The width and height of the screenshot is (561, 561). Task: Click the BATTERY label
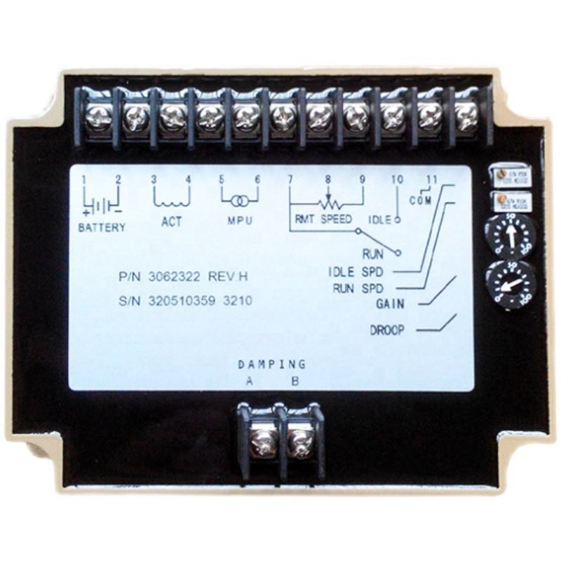coord(102,227)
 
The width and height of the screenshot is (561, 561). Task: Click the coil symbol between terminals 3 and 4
coord(171,201)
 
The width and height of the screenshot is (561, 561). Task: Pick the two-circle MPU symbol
coord(239,202)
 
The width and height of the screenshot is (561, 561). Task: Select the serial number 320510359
coord(182,301)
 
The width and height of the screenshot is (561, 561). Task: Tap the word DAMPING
coord(271,365)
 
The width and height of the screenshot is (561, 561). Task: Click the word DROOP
coord(386,330)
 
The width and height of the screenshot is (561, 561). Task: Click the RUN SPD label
coord(363,288)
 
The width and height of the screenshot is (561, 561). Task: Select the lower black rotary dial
coord(511,284)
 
